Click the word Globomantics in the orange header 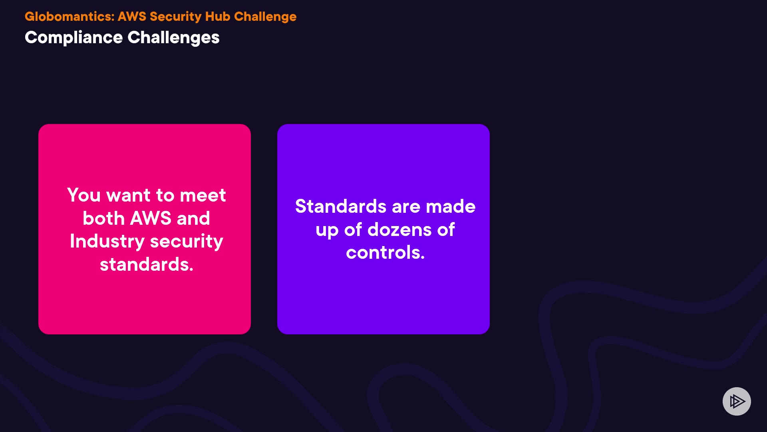(70, 16)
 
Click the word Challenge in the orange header (265, 17)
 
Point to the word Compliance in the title (74, 38)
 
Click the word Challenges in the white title (174, 38)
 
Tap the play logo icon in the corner (737, 401)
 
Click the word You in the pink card (84, 195)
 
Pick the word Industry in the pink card (107, 242)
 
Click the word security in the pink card (187, 242)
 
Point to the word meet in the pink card (203, 195)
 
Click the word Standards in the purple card (341, 206)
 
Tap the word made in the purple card (451, 206)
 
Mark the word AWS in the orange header (132, 16)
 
